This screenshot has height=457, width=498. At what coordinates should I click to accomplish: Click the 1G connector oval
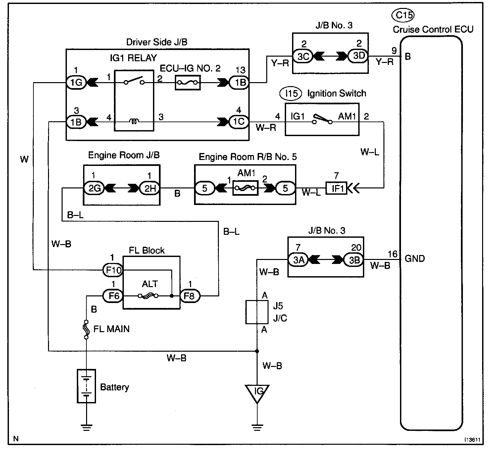point(76,82)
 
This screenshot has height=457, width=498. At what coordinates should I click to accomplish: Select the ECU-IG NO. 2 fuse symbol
point(187,82)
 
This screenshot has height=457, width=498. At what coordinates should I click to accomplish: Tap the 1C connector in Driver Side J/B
point(238,122)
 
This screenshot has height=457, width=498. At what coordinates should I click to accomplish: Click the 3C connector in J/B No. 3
point(303,56)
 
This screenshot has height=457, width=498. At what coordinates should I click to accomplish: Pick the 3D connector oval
point(358,56)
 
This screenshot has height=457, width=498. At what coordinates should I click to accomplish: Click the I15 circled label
point(291,94)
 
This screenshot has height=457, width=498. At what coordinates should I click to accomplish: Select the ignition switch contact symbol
point(322,120)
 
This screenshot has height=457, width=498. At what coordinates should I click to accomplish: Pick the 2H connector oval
point(150,188)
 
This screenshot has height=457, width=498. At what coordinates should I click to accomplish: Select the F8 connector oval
point(190,296)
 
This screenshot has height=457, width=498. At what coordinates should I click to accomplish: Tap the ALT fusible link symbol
point(148,296)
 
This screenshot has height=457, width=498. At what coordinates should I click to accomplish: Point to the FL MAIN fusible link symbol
point(86,330)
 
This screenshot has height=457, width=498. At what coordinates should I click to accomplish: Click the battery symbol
point(86,386)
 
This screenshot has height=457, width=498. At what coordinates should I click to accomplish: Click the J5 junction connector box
point(257,312)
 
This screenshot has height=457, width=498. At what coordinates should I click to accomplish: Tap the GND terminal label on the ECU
point(415,259)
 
